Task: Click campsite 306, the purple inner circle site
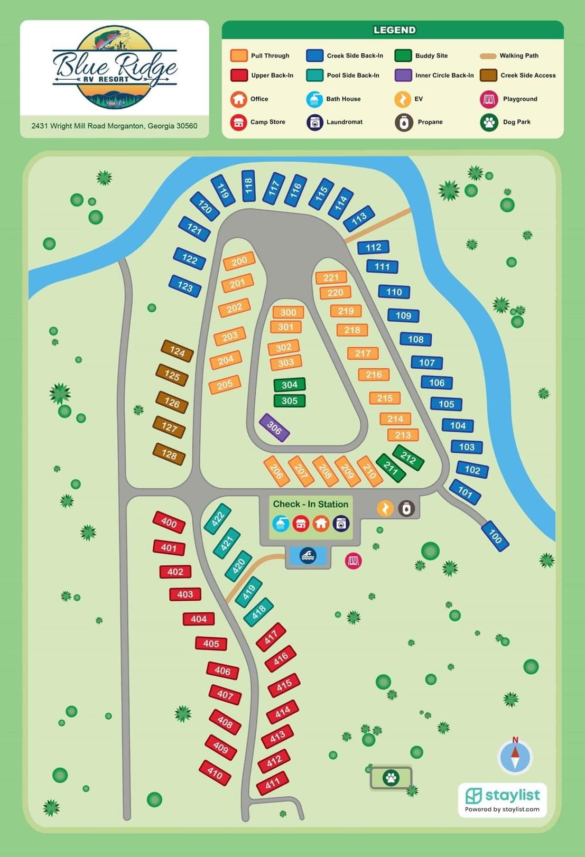tap(274, 427)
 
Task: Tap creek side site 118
tap(248, 185)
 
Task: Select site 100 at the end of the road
tap(495, 536)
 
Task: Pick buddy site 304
tap(290, 385)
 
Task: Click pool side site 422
tap(218, 519)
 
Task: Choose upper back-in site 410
tap(215, 772)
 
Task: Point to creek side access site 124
tap(177, 351)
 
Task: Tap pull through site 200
tap(239, 261)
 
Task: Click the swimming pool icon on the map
tap(308, 555)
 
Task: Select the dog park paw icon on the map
tap(391, 778)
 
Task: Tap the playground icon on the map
tap(353, 561)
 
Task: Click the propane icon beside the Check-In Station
tap(406, 508)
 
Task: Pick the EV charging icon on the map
tap(385, 508)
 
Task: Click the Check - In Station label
tap(310, 504)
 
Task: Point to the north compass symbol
tap(515, 756)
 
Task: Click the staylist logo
tap(502, 799)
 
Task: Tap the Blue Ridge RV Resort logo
tap(115, 68)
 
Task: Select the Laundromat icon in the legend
tap(315, 122)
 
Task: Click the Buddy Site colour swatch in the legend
tap(403, 55)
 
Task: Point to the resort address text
tap(114, 126)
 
